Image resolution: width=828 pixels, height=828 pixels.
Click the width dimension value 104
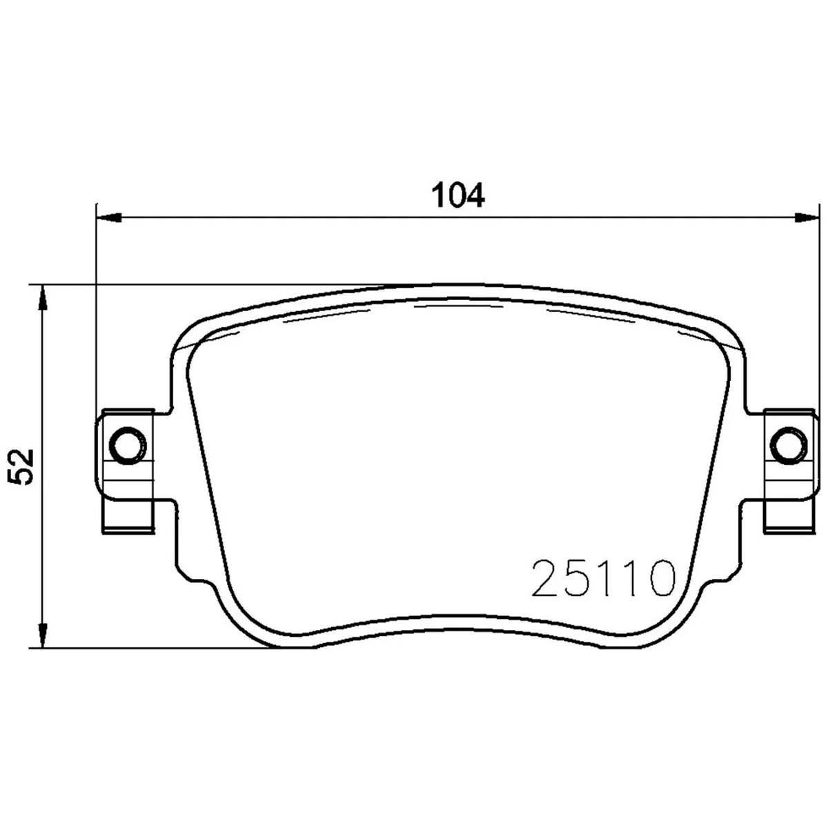coord(458,195)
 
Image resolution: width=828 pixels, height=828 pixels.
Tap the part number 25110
coord(602,578)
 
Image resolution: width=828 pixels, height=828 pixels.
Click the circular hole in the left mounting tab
coord(128,446)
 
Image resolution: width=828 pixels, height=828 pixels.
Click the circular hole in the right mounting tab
coord(789,446)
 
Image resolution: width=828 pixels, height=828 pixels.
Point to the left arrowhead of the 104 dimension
coord(108,218)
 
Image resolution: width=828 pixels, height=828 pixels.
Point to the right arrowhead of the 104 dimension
coord(802,218)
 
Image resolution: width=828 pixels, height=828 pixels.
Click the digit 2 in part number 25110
coord(546,578)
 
